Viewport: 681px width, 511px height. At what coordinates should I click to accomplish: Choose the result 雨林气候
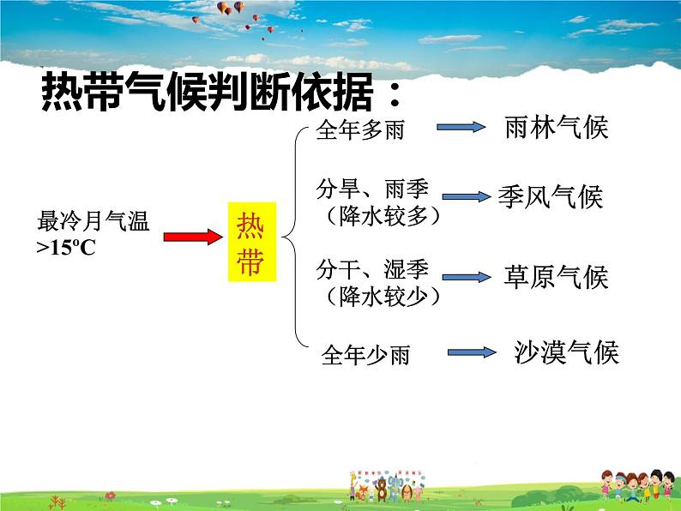click(555, 129)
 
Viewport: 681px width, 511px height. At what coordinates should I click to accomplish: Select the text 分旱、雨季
click(371, 189)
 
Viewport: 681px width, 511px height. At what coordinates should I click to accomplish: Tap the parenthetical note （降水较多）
click(378, 216)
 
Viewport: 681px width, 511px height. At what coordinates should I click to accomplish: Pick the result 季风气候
click(551, 198)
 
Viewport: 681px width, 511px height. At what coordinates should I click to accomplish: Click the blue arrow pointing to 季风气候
click(467, 197)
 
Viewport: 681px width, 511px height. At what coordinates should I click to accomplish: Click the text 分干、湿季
click(371, 269)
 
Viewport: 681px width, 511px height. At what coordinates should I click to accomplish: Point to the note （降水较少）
click(378, 297)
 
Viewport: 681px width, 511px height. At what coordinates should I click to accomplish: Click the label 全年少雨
click(365, 354)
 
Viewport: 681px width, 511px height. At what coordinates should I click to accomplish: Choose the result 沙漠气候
click(566, 352)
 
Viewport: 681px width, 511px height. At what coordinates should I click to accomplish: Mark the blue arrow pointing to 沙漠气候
click(471, 352)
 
